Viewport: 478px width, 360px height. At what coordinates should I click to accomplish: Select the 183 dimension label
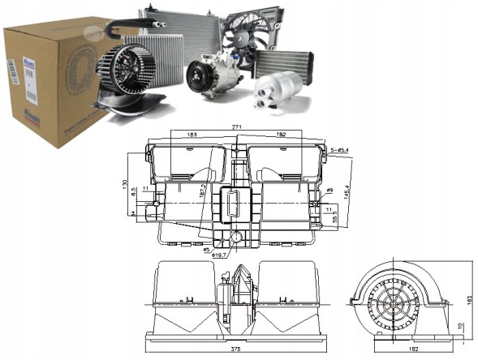pyautogui.click(x=192, y=134)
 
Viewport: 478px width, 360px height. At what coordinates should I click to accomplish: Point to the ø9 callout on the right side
pyautogui.click(x=330, y=191)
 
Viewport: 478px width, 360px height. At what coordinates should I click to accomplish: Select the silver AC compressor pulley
pyautogui.click(x=199, y=78)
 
